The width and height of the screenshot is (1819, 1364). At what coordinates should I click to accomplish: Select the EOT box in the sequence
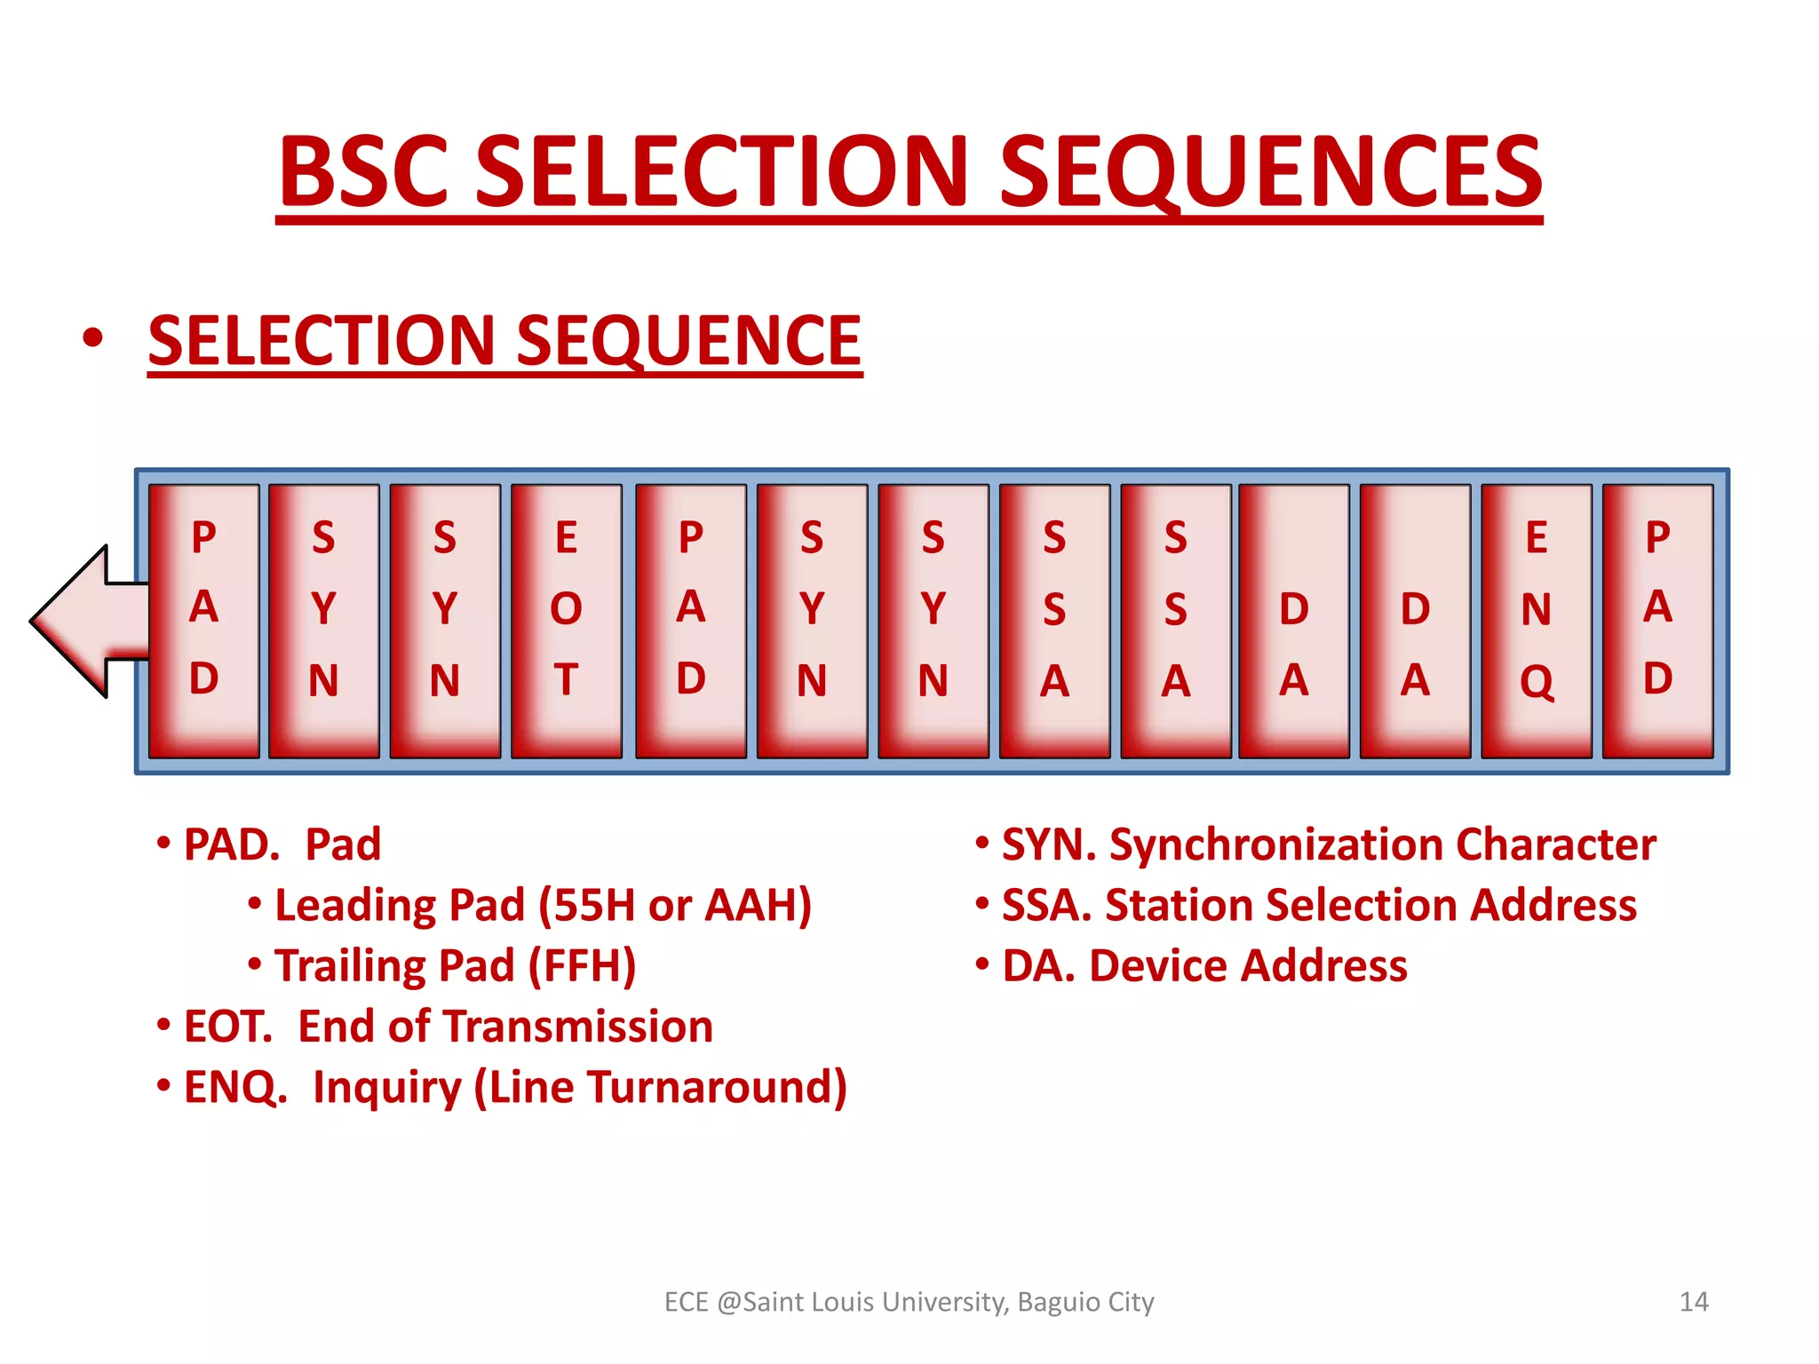tap(567, 621)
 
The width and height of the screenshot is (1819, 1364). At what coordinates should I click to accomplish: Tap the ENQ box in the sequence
tap(1537, 621)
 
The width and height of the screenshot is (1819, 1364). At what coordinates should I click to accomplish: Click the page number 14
tap(1694, 1302)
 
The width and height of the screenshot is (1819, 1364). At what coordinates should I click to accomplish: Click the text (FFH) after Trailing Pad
tap(583, 965)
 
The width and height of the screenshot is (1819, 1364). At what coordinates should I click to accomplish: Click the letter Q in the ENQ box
tap(1537, 682)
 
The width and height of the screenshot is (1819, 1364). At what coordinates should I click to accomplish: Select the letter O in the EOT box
tap(567, 609)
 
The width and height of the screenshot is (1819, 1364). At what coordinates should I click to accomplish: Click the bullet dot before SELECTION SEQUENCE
tap(92, 339)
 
